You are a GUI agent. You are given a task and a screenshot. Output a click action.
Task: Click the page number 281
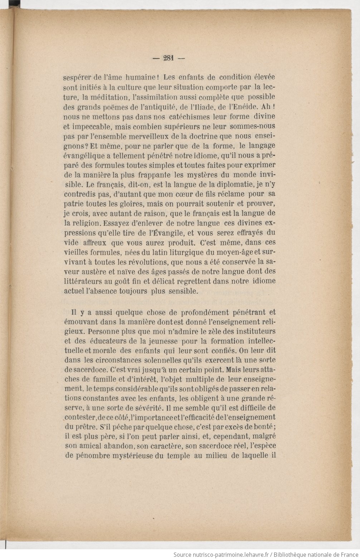[168, 58]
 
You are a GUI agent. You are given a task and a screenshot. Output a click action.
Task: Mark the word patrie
[74, 204]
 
